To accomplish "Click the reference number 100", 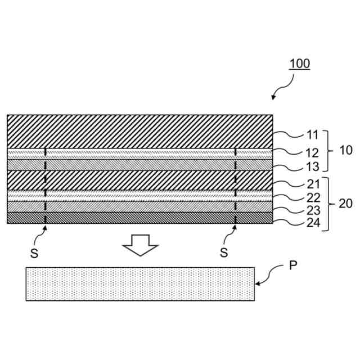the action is [300, 63].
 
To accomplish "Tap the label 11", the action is [313, 135].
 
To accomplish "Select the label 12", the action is [313, 152].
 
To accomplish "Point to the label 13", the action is [313, 167].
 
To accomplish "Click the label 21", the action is [313, 183].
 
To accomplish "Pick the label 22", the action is [313, 197].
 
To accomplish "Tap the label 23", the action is [313, 210].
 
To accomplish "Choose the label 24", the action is [313, 223].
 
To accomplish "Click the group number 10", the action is [345, 151].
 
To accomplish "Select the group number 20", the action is [345, 204].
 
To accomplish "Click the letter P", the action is [293, 266].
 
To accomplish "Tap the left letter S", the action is [34, 253].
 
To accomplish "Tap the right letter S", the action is [224, 253].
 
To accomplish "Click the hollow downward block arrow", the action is [141, 244].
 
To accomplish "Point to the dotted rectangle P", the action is [140, 284].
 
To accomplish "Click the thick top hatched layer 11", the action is [140, 131].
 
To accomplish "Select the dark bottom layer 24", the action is [140, 218].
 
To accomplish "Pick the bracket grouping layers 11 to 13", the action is [328, 150].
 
